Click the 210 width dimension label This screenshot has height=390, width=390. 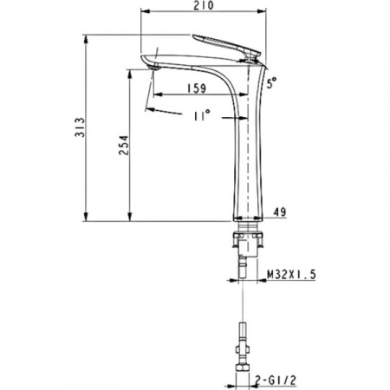click(204, 5)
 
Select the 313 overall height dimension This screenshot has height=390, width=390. click(80, 127)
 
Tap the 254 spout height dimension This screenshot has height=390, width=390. click(124, 145)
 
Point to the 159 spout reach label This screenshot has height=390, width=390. click(197, 88)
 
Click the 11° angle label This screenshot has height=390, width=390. click(201, 115)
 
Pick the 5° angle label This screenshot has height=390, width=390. click(271, 82)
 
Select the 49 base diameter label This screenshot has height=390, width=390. click(280, 211)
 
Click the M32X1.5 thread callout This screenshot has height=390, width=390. click(291, 274)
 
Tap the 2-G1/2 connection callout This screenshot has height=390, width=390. click(276, 380)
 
